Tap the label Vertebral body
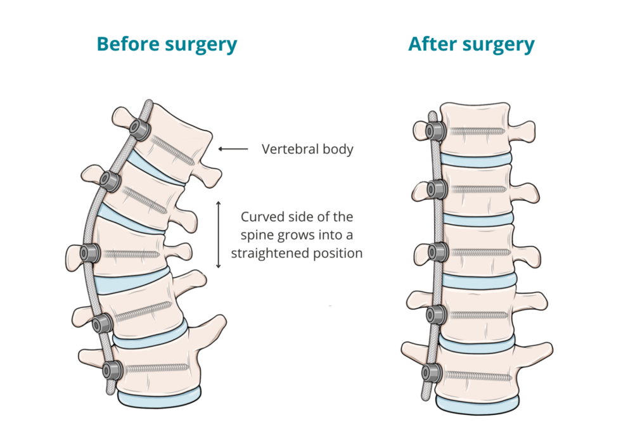[x=307, y=150]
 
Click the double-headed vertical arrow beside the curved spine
[x=219, y=235]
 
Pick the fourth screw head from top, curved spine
[x=100, y=324]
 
